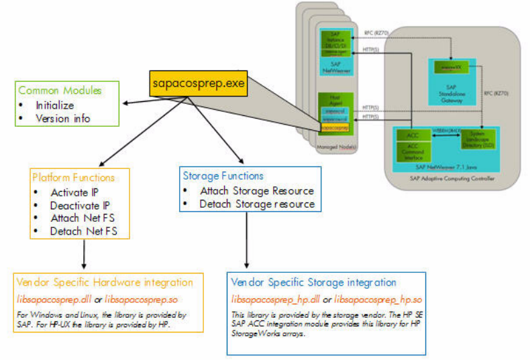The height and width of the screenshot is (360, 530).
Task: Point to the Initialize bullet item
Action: click(55, 105)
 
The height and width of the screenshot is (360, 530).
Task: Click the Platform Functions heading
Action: click(74, 178)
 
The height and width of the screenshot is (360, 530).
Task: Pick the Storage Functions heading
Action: click(223, 176)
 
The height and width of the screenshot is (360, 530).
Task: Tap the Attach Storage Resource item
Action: click(256, 190)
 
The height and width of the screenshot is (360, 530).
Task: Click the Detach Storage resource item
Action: click(256, 204)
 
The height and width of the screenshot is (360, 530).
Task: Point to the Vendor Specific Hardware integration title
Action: click(106, 282)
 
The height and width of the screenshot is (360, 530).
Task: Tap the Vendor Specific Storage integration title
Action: click(313, 282)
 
